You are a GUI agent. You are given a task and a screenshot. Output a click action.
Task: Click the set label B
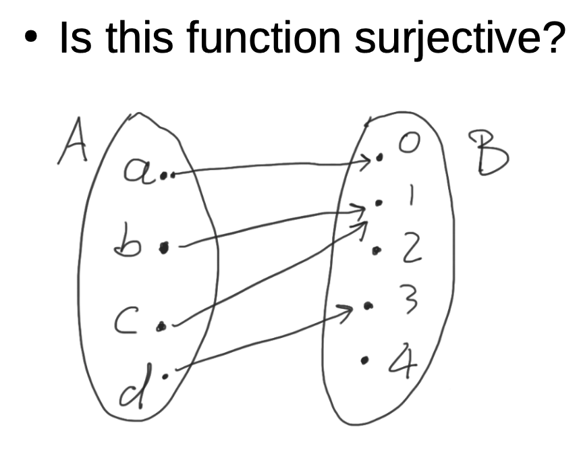point(488,153)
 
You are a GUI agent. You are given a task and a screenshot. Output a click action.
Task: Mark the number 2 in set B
point(412,250)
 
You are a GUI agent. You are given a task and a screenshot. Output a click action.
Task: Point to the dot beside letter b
point(163,248)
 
